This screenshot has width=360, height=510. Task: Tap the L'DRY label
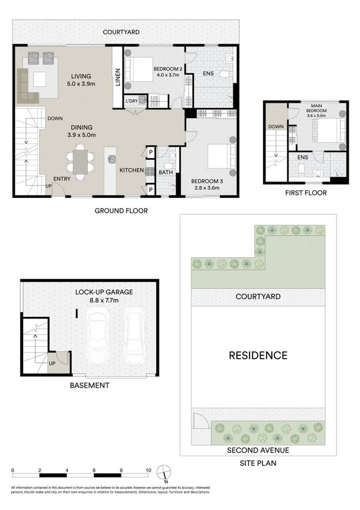pos(131,102)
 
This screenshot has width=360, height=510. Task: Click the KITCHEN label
pos(131,170)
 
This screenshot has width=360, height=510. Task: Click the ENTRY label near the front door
pos(62,179)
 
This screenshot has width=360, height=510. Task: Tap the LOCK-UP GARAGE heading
pos(104,292)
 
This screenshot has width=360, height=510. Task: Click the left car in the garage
pos(98,336)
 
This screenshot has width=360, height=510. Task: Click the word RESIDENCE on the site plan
pos(258,355)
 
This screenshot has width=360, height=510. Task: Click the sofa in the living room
pos(27,86)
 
